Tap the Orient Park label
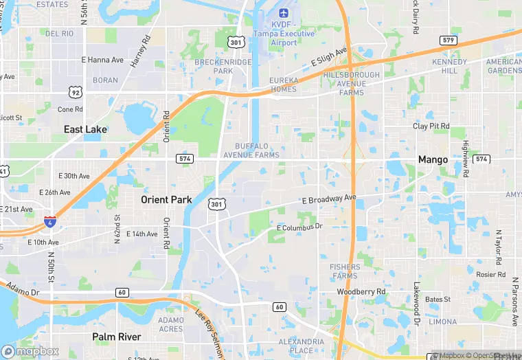click(x=166, y=200)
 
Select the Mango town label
click(x=433, y=159)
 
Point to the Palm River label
click(x=117, y=337)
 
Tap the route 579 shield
click(x=449, y=41)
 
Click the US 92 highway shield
click(x=74, y=91)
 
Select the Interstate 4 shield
click(x=50, y=221)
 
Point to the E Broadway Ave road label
click(x=329, y=199)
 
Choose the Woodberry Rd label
click(x=361, y=292)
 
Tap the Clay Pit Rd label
click(x=431, y=126)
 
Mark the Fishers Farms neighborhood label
click(x=344, y=271)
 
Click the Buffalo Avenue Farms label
click(x=258, y=150)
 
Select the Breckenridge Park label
click(x=223, y=66)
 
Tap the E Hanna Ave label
click(x=103, y=60)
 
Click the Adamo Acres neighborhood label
click(x=171, y=324)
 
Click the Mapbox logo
click(x=31, y=350)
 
